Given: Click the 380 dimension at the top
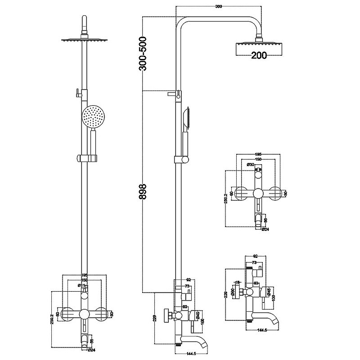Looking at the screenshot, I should [219, 7].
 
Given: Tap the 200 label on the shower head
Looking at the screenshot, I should [259, 55].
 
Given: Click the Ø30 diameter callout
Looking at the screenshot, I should [251, 165].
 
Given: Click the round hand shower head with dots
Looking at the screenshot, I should [94, 117].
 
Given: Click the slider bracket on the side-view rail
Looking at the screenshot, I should [181, 160].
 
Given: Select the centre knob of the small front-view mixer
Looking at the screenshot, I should [258, 194].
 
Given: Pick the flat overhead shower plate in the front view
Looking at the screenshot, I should [84, 40].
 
